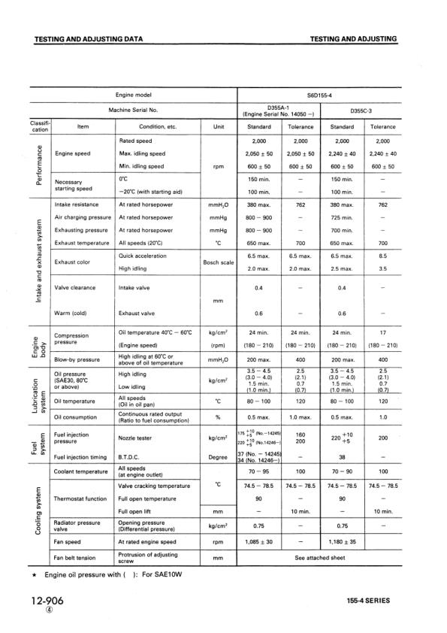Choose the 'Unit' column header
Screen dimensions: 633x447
click(219, 127)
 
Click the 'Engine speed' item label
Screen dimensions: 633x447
click(73, 153)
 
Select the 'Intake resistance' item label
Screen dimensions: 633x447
click(77, 204)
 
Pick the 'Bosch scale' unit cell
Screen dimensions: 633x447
click(219, 262)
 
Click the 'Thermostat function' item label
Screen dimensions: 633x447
click(81, 498)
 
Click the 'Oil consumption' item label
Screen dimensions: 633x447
click(79, 416)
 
